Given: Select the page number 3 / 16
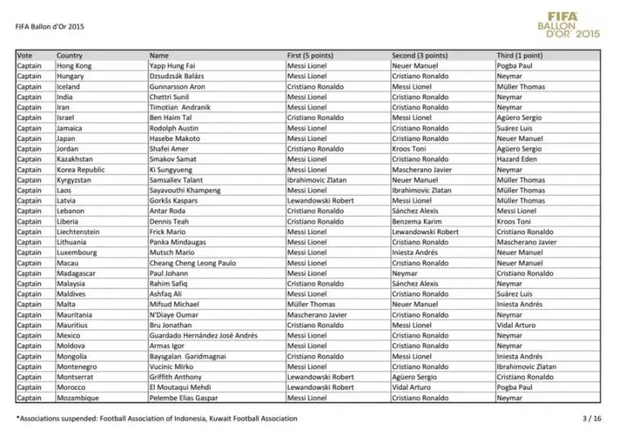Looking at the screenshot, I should [x=592, y=419].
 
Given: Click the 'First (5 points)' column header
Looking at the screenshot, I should [x=310, y=56].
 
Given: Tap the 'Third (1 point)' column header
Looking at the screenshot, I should [x=520, y=56].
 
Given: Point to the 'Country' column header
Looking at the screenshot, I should [x=69, y=56].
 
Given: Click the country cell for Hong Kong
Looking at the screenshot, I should [x=74, y=66].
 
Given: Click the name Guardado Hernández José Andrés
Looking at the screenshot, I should [x=204, y=335].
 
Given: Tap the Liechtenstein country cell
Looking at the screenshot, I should [x=80, y=232].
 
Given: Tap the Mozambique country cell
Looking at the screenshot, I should [x=78, y=398].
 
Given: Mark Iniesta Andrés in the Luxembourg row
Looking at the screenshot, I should [x=417, y=253].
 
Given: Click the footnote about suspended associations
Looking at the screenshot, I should [x=156, y=419].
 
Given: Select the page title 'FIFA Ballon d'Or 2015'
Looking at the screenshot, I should [x=49, y=26].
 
